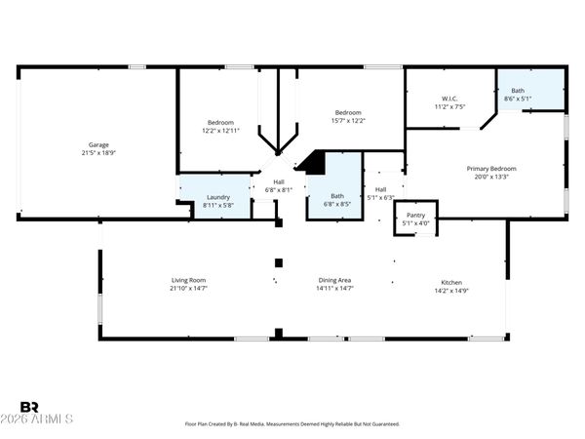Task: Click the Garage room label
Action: pyautogui.click(x=98, y=144)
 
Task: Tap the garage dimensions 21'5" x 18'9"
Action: pyautogui.click(x=98, y=152)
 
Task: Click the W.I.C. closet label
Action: pyautogui.click(x=449, y=98)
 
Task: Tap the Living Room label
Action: pyautogui.click(x=188, y=281)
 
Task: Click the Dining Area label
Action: pyautogui.click(x=334, y=281)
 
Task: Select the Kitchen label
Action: pyautogui.click(x=451, y=281)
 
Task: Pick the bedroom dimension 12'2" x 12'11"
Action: pyautogui.click(x=220, y=130)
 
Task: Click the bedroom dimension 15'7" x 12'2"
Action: pyautogui.click(x=348, y=120)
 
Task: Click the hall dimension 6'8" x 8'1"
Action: pyautogui.click(x=279, y=190)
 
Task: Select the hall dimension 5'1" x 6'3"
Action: pyautogui.click(x=381, y=197)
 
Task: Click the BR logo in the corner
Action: pyautogui.click(x=28, y=407)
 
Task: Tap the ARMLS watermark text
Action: pyautogui.click(x=47, y=420)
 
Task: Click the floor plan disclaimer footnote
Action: pyautogui.click(x=292, y=424)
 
